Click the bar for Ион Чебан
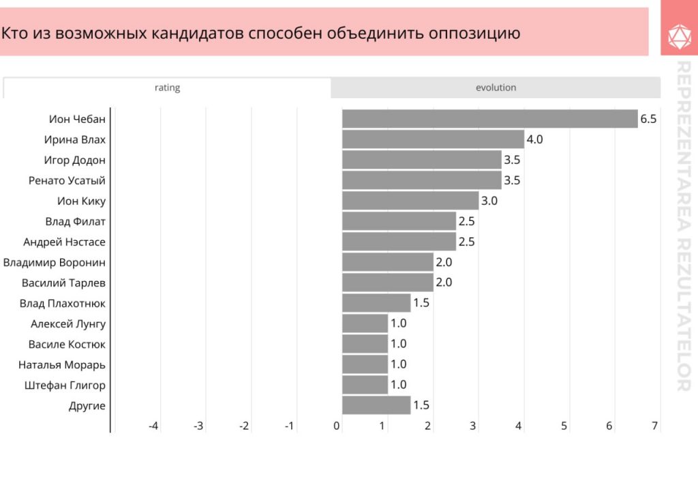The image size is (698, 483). (489, 119)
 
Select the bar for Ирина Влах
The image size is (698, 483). (433, 139)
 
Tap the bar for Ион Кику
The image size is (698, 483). (410, 201)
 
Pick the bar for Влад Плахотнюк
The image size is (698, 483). (376, 303)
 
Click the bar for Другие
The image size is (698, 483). (376, 405)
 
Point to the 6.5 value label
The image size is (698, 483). (648, 119)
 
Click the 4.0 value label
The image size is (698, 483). (534, 139)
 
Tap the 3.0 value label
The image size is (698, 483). (489, 201)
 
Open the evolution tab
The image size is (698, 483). (496, 88)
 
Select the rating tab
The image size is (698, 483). (167, 88)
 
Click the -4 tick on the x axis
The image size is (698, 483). (153, 426)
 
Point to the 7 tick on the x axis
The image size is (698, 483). (654, 426)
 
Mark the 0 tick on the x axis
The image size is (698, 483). (337, 426)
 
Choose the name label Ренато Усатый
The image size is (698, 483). (67, 180)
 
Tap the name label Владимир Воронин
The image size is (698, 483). (55, 262)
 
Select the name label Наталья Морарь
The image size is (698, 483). (62, 364)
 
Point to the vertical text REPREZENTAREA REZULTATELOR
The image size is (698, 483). (683, 225)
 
